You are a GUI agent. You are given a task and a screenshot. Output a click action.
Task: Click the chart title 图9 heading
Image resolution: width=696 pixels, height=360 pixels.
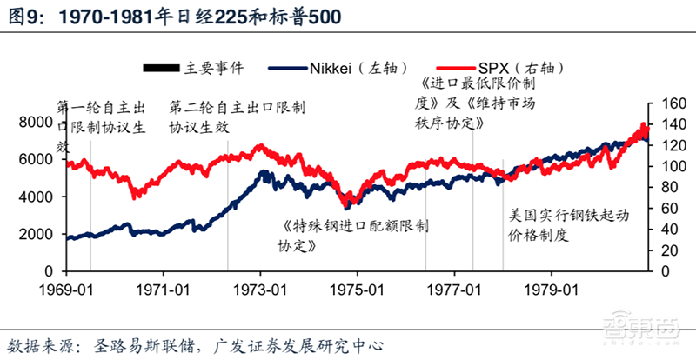(x=174, y=16)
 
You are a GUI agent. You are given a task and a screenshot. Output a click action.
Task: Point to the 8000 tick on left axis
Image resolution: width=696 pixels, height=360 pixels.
(x=37, y=123)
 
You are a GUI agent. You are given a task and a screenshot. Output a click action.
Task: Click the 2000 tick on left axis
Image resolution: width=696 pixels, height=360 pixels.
(x=37, y=234)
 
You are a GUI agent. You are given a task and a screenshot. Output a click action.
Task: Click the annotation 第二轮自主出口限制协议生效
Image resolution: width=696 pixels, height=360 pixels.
(x=237, y=117)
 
